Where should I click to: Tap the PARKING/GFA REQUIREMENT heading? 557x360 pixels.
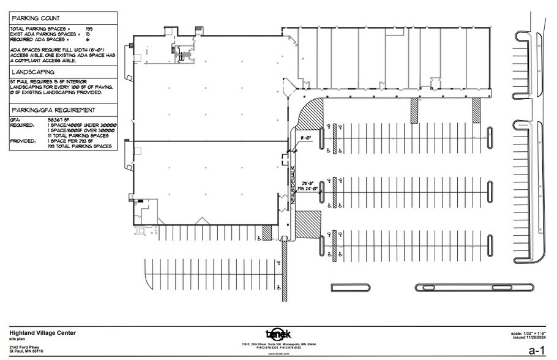pos(52,110)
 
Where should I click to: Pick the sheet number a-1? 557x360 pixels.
pos(536,350)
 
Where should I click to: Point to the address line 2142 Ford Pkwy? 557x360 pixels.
pos(24,347)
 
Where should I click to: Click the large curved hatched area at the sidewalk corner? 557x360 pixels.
pos(312,113)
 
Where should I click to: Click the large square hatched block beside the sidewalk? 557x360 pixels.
pos(308,221)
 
